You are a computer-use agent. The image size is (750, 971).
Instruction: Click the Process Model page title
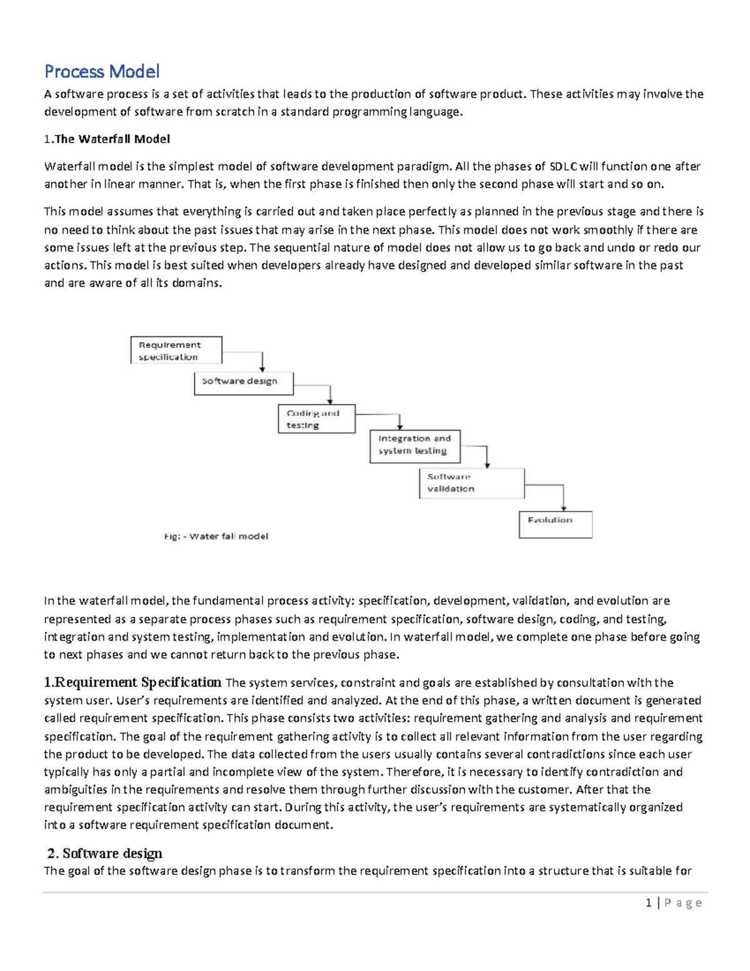click(102, 71)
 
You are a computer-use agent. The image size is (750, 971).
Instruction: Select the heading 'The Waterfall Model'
click(112, 139)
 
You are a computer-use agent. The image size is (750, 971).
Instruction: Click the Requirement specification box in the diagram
click(176, 350)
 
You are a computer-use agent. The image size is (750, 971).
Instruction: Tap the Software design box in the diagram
click(243, 383)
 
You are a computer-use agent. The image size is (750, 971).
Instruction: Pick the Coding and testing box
click(316, 419)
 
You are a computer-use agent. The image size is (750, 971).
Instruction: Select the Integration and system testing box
click(414, 446)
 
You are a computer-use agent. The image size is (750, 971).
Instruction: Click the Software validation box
click(471, 483)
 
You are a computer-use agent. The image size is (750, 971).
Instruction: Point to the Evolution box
click(555, 525)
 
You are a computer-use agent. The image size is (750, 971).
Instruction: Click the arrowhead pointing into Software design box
click(262, 369)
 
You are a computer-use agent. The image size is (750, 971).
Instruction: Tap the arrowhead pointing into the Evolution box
click(564, 508)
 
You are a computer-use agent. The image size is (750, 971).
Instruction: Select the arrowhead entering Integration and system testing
click(400, 426)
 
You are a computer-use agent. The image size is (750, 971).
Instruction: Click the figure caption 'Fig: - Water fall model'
click(216, 536)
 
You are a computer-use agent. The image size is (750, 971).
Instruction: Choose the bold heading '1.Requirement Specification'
click(133, 682)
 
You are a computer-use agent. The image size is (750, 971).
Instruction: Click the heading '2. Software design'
click(106, 853)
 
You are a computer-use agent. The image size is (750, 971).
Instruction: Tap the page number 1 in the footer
click(649, 903)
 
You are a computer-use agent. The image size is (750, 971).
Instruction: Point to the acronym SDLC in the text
click(563, 166)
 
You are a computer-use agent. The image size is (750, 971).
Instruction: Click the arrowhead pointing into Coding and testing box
click(330, 401)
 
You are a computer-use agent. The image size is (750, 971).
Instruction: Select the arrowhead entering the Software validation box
click(487, 465)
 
